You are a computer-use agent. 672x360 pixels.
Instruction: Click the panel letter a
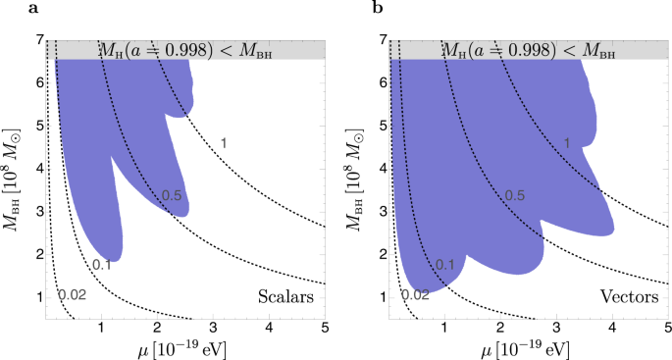pyautogui.click(x=7, y=9)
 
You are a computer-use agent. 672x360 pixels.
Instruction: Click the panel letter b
pyautogui.click(x=349, y=9)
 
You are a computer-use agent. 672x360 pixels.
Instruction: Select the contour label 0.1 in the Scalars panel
pyautogui.click(x=101, y=265)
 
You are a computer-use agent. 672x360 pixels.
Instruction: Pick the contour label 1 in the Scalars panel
pyautogui.click(x=224, y=144)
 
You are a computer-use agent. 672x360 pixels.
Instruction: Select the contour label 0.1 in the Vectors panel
pyautogui.click(x=444, y=265)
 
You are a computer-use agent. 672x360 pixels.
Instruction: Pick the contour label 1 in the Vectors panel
pyautogui.click(x=566, y=144)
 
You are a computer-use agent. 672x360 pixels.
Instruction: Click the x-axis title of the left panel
pyautogui.click(x=185, y=348)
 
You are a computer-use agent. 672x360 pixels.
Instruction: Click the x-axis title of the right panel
pyautogui.click(x=529, y=348)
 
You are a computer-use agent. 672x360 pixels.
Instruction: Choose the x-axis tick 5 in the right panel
pyautogui.click(x=667, y=331)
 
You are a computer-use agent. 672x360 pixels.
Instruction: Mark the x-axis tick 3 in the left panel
pyautogui.click(x=212, y=331)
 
